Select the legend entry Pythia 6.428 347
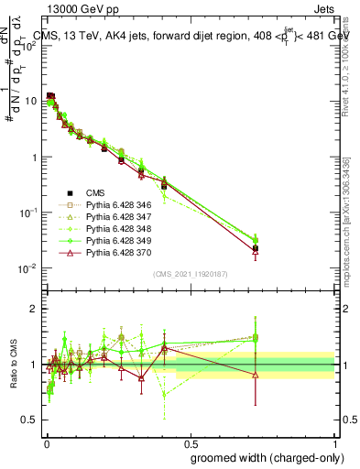113,216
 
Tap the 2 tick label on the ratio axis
33,309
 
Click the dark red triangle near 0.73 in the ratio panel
256,374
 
